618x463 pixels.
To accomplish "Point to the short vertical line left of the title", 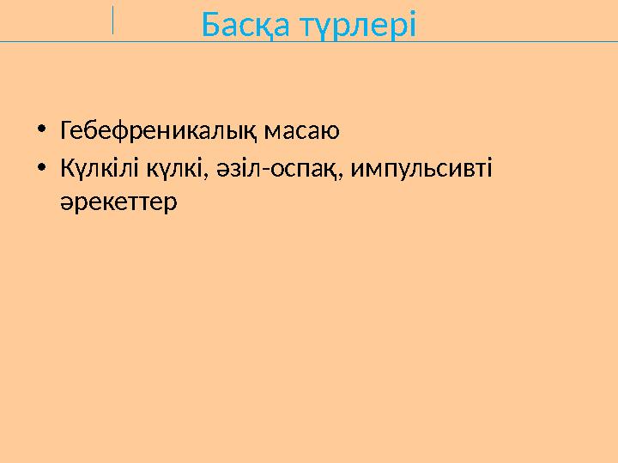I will (x=112, y=20).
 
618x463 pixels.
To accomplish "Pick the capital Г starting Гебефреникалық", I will (x=66, y=131).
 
